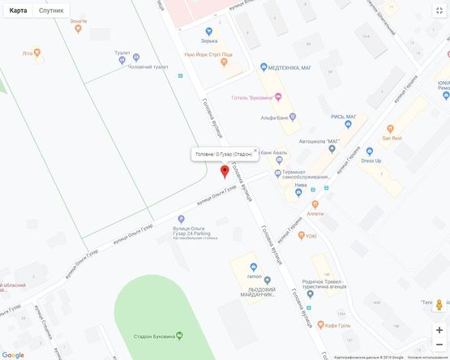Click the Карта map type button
[x=18, y=11]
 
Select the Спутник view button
[x=51, y=11]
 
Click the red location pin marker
[x=225, y=171]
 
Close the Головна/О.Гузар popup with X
[x=255, y=150]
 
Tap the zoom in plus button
[x=439, y=330]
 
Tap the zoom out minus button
[x=439, y=345]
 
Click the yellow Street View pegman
[x=439, y=305]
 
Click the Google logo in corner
[x=13, y=354]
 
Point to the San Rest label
[x=392, y=138]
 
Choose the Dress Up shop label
[x=371, y=161]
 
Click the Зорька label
[x=209, y=41]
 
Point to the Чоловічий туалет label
[x=149, y=66]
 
